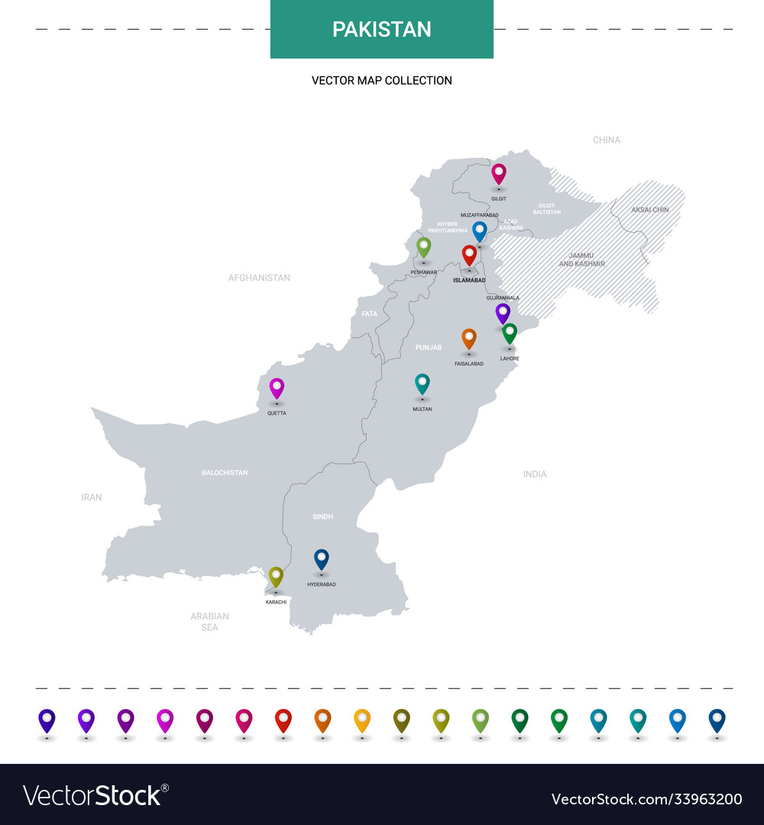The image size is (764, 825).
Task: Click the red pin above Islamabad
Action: (x=469, y=254)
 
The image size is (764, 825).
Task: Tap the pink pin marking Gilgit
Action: (x=499, y=173)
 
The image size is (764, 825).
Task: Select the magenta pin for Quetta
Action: (x=277, y=388)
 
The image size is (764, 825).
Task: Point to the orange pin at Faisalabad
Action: (x=469, y=338)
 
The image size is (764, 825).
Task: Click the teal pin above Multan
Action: (x=422, y=383)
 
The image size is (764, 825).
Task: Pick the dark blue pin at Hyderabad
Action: (x=322, y=559)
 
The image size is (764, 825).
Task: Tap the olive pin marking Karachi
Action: (x=276, y=577)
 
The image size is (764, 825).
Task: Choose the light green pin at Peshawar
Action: (x=423, y=247)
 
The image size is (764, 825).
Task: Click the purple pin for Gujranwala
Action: (x=503, y=312)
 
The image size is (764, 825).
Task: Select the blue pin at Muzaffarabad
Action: (x=480, y=231)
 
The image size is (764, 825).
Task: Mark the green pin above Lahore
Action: (x=510, y=333)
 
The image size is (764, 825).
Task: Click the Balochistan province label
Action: (x=225, y=473)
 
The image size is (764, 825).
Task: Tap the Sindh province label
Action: (x=322, y=517)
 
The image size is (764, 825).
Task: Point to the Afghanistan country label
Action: (x=259, y=278)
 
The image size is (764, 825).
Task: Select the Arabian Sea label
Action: (x=209, y=621)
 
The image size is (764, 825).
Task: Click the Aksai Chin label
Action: (x=649, y=209)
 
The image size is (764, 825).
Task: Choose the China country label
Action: (x=607, y=140)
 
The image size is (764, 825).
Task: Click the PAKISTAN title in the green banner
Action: (x=381, y=29)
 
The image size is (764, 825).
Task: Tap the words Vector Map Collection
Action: (x=381, y=80)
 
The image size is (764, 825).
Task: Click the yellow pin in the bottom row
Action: (x=362, y=720)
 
